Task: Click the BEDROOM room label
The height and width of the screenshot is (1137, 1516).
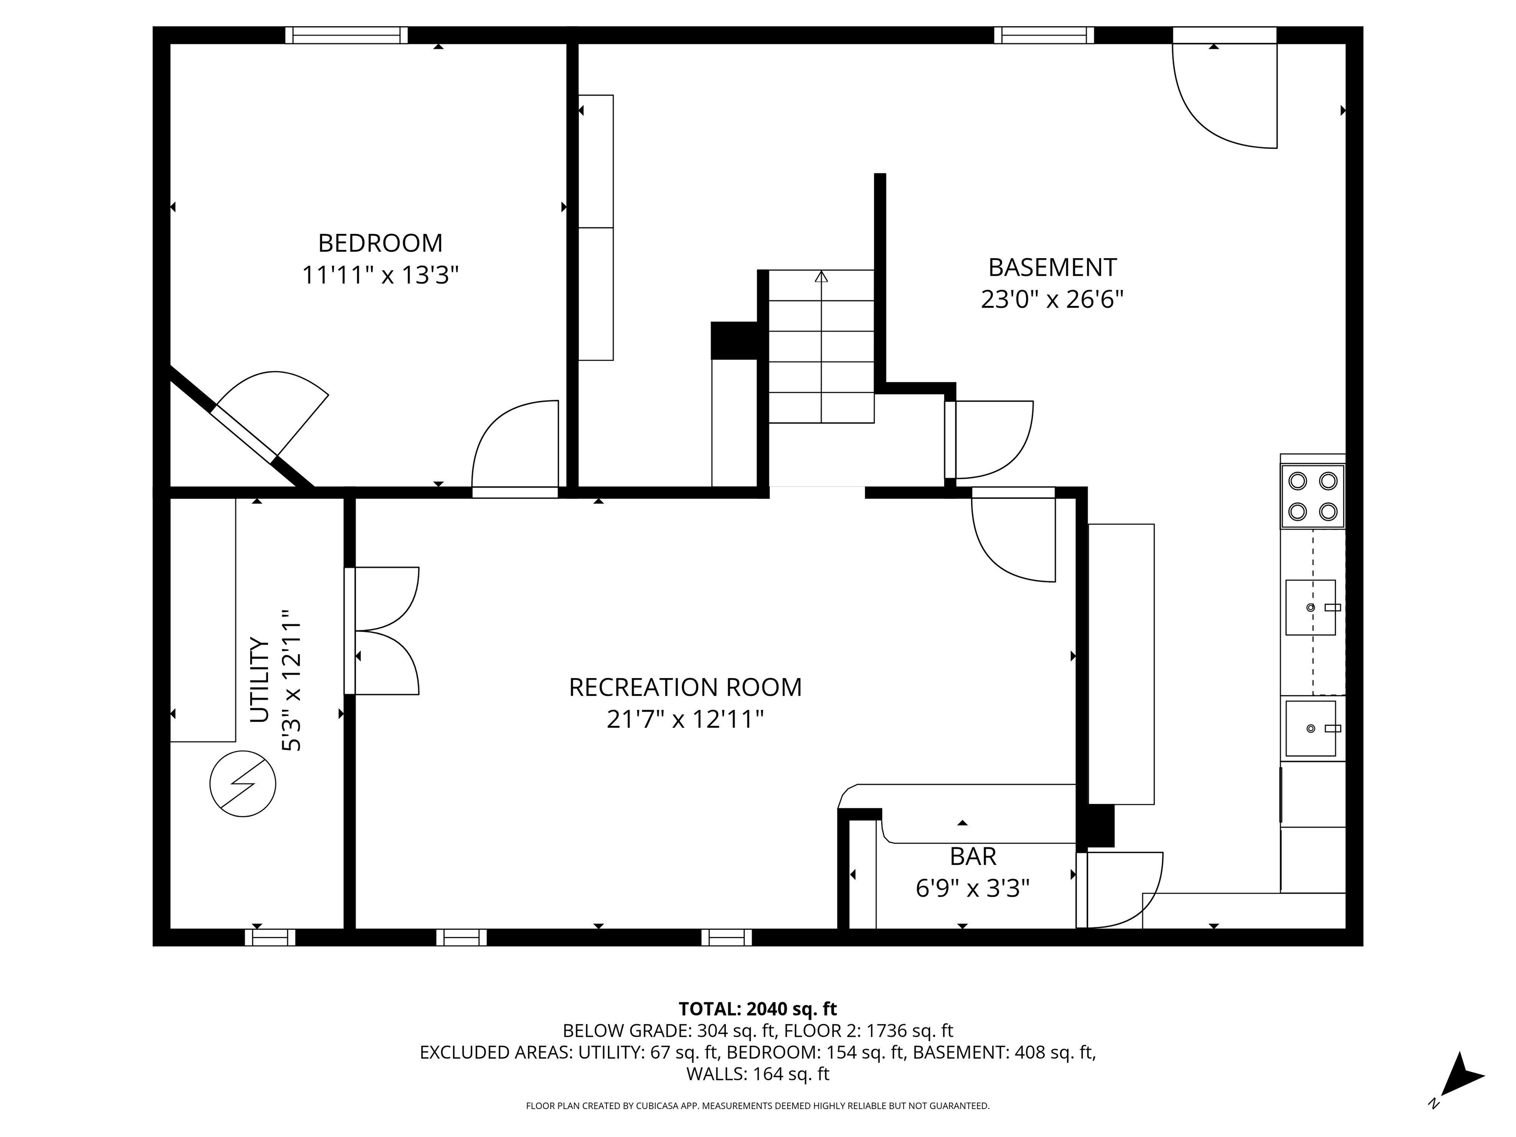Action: pos(380,243)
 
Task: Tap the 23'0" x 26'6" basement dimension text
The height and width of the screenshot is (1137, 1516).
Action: pos(1052,300)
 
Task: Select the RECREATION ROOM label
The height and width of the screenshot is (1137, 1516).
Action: pos(685,687)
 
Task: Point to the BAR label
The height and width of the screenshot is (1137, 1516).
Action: pos(973,857)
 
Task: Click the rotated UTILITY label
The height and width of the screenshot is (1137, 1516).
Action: pos(259,680)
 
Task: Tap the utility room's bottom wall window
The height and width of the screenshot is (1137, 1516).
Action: pos(270,937)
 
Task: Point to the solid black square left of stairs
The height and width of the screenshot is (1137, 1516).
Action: pos(734,341)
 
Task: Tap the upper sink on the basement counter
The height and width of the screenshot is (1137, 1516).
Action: pos(1310,607)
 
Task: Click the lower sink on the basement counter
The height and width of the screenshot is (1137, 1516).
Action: pos(1310,728)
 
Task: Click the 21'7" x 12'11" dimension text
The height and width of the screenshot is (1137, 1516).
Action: pos(685,720)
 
